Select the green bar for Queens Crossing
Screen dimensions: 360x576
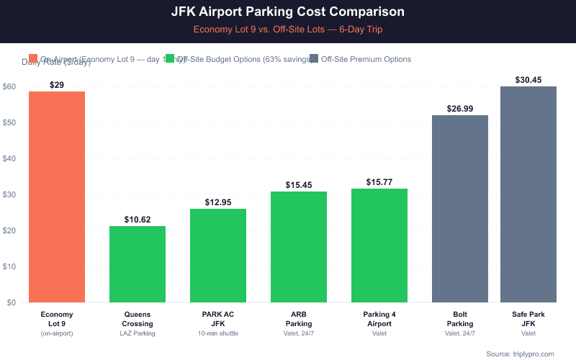click(138, 264)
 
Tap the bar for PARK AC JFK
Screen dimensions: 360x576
click(218, 256)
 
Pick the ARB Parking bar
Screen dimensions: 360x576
click(299, 247)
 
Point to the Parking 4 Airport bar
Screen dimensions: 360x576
click(379, 246)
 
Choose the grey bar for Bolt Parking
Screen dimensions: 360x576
click(460, 209)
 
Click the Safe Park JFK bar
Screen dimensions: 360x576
click(528, 194)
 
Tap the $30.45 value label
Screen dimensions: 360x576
click(528, 79)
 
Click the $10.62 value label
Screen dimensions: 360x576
click(138, 219)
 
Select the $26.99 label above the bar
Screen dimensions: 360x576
click(460, 108)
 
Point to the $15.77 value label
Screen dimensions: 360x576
click(379, 181)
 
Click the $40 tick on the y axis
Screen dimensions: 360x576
click(9, 158)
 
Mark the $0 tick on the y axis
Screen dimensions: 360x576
click(12, 302)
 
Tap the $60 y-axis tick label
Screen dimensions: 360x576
click(9, 86)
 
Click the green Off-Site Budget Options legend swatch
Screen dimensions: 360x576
click(170, 59)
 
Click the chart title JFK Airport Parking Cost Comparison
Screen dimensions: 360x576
click(288, 12)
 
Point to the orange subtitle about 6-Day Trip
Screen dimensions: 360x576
click(288, 30)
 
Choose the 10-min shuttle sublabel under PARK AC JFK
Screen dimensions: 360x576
click(218, 333)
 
